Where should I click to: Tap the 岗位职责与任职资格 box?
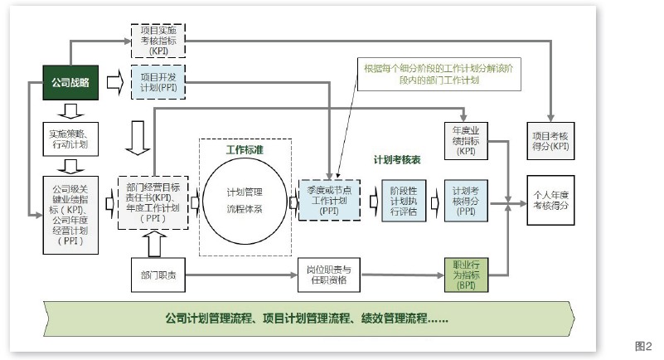click(x=331, y=275)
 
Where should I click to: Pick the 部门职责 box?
click(x=158, y=275)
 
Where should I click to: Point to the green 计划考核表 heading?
click(x=398, y=160)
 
